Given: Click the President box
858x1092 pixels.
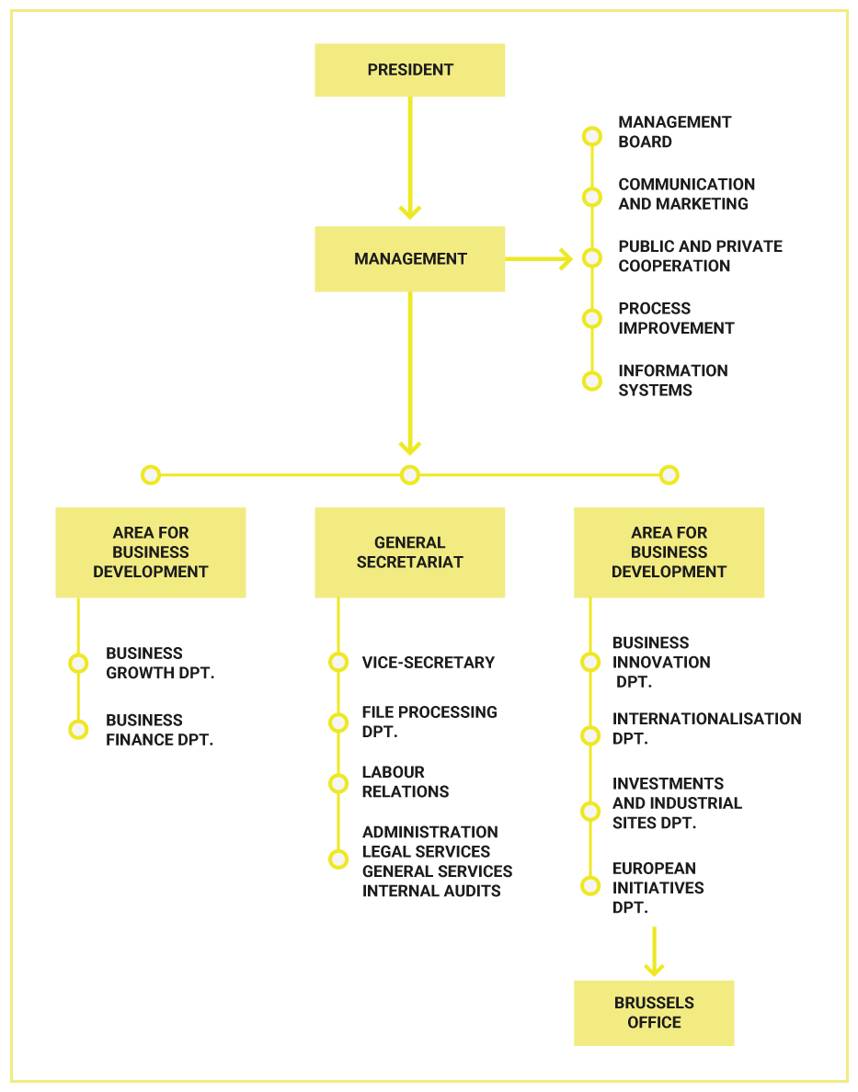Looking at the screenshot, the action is [410, 70].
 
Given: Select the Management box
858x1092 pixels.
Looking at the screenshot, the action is [410, 258].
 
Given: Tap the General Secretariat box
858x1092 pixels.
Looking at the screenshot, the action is [410, 552].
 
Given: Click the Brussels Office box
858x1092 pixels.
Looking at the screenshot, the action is [654, 1013].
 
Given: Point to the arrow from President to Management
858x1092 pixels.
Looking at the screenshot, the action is [410, 157].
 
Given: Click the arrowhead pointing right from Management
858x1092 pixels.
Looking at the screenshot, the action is [565, 259].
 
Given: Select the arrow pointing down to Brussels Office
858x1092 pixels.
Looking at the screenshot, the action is [654, 951].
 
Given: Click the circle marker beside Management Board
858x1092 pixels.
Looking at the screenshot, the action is [591, 136].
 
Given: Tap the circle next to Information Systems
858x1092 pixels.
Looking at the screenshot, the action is [591, 381].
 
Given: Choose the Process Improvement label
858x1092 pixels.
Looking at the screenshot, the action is [676, 318].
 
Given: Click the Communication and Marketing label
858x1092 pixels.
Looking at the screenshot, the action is [687, 194].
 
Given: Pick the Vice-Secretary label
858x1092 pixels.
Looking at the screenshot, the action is [428, 663].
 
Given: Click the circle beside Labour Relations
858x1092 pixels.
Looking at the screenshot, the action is [338, 783].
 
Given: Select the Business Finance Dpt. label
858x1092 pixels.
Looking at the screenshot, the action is [160, 730].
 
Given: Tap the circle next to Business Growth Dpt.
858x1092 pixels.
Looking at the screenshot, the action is [78, 663].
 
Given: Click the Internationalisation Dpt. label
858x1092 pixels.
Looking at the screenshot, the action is [707, 729].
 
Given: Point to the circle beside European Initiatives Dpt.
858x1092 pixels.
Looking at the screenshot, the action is [590, 886].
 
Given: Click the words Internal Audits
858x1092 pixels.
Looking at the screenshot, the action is [431, 891].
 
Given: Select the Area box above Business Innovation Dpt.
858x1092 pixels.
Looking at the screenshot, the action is [669, 552].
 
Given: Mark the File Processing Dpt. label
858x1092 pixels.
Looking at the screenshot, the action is [429, 722].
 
